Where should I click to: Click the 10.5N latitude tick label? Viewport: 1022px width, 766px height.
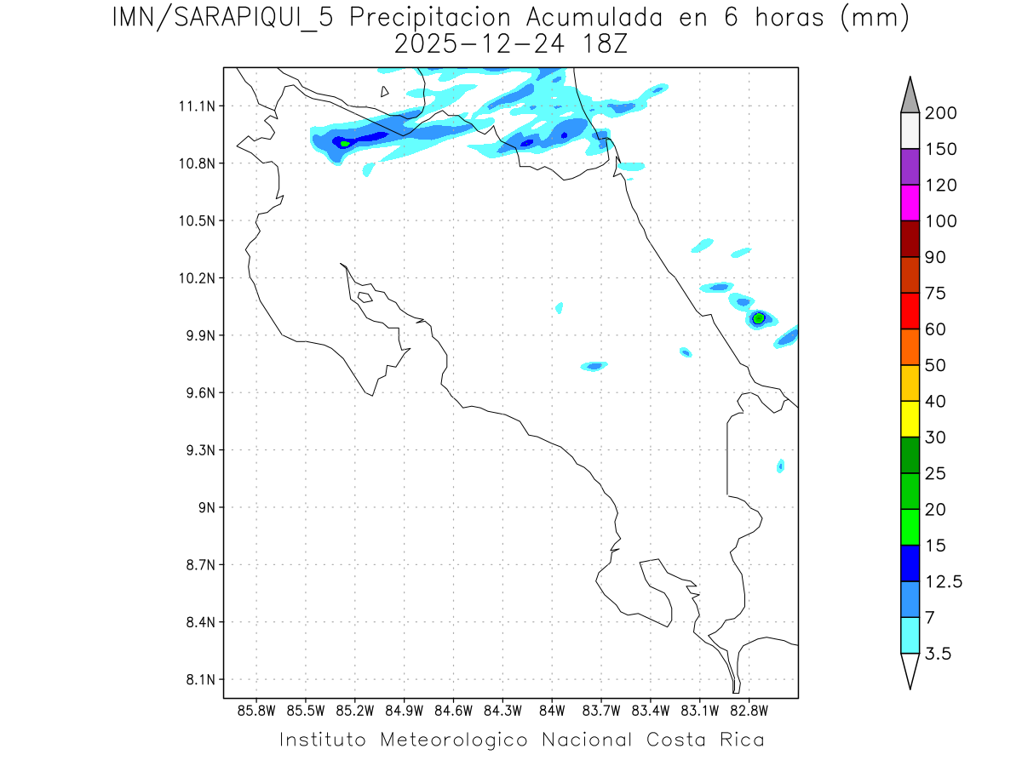tap(196, 220)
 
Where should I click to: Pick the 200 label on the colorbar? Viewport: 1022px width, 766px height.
tap(940, 113)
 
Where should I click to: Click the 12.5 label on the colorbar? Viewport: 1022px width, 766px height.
tap(944, 581)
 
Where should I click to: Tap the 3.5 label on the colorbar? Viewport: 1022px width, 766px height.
tap(939, 654)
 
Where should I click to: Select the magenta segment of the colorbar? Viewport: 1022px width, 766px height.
tap(910, 203)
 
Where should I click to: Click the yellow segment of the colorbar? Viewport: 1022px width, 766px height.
tap(910, 419)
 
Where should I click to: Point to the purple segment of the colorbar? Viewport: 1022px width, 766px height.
tap(910, 167)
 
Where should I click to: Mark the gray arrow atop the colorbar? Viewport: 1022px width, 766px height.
tap(910, 94)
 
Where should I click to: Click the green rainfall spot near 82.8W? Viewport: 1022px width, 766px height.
tap(758, 318)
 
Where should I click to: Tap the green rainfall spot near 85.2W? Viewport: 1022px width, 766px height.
tap(345, 143)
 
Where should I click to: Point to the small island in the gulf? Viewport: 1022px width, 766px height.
tap(365, 297)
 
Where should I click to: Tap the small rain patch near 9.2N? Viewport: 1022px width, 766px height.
tap(780, 466)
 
